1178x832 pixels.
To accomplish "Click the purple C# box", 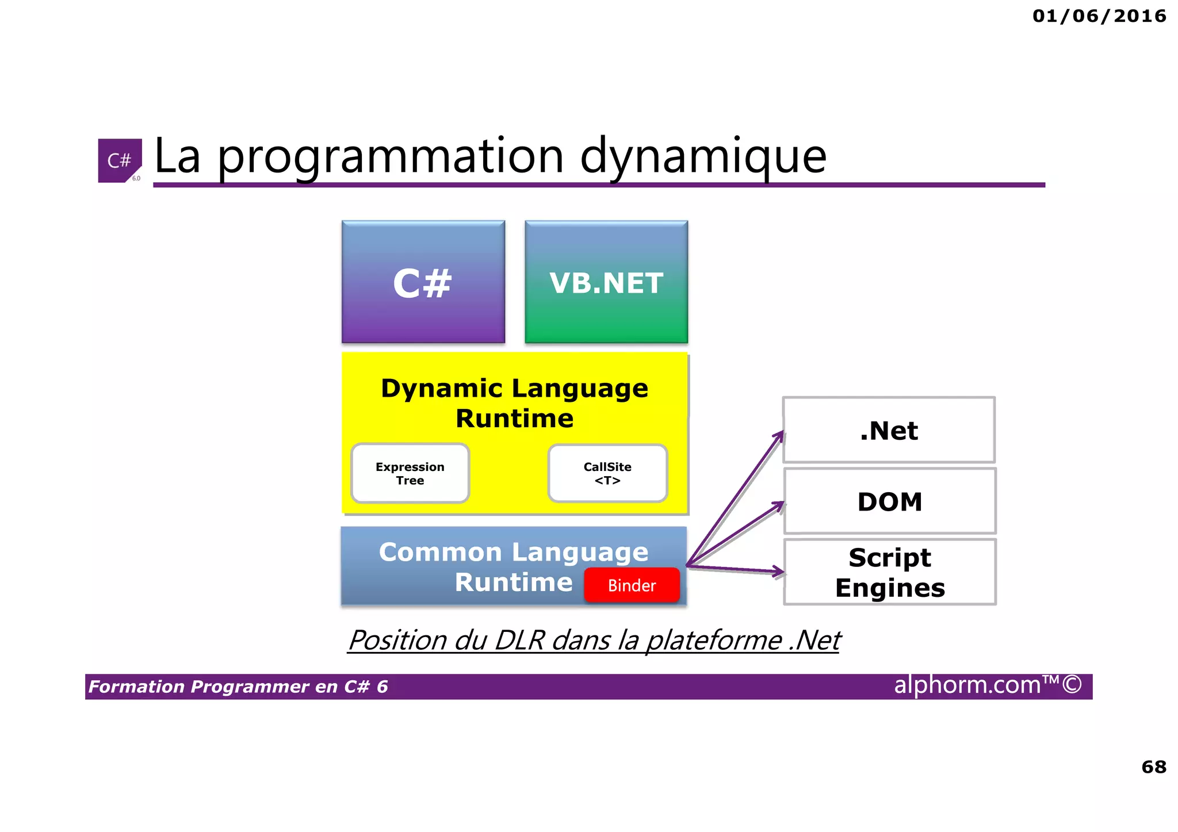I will [x=423, y=282].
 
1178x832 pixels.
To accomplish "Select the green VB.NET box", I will [x=606, y=282].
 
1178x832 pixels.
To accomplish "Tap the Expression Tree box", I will [x=410, y=473].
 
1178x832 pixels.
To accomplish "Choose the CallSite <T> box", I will [x=607, y=473].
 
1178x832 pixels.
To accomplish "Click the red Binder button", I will [x=632, y=585].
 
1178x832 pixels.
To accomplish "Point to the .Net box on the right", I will [x=889, y=430].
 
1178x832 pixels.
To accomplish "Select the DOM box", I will [x=889, y=501].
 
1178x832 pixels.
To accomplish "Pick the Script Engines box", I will [x=889, y=572].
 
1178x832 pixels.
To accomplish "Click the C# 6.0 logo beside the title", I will [x=120, y=160].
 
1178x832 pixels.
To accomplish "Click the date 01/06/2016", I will [x=1099, y=16].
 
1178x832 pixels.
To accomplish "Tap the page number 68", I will [x=1153, y=766].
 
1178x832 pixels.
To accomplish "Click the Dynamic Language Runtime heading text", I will [x=514, y=403].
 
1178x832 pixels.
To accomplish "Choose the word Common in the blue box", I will [x=440, y=552].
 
